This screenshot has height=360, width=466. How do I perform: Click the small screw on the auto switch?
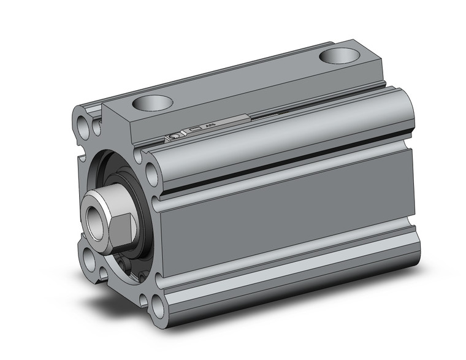click(x=175, y=136)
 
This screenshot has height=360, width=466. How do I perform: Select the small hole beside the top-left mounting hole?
click(x=96, y=129)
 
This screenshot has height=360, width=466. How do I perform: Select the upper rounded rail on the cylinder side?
click(x=276, y=141)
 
